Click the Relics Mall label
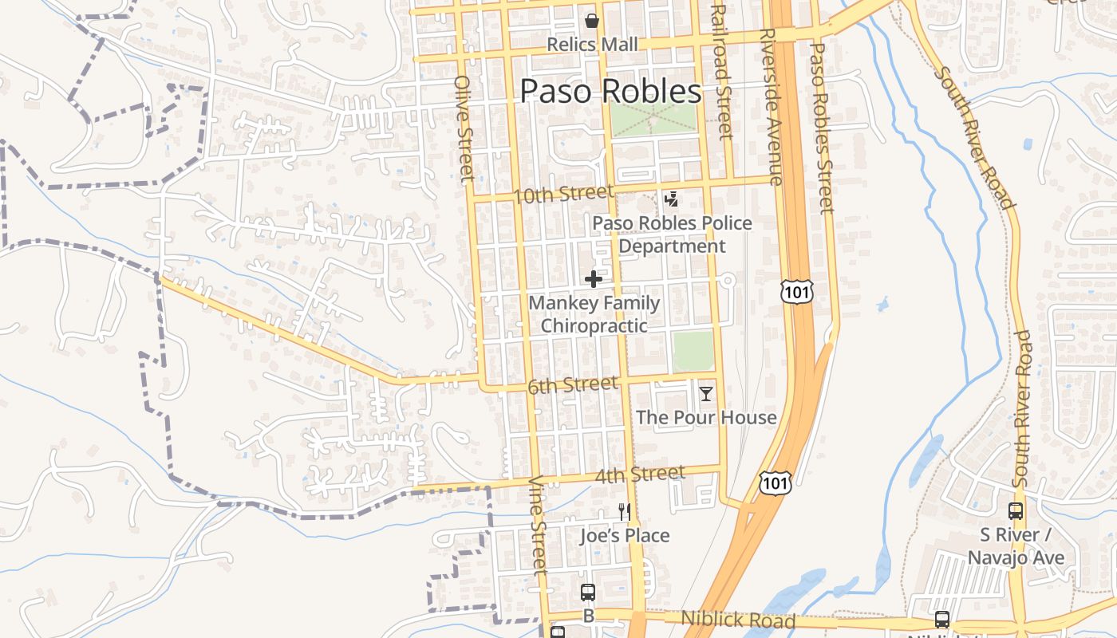click(592, 45)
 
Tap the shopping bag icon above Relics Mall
click(592, 21)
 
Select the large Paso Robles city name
click(610, 92)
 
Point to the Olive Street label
click(464, 128)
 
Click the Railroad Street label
click(721, 72)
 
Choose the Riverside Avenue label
click(771, 108)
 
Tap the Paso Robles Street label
click(822, 128)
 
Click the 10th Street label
click(563, 194)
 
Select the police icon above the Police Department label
click(672, 199)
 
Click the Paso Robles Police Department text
click(672, 234)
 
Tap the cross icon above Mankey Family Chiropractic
click(594, 279)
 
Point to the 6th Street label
click(573, 386)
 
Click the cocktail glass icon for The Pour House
click(706, 394)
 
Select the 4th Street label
click(640, 475)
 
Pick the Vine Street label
click(539, 525)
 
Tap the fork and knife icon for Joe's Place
click(625, 511)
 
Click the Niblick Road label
click(738, 620)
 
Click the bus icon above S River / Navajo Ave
click(1016, 511)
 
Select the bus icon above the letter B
click(588, 592)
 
